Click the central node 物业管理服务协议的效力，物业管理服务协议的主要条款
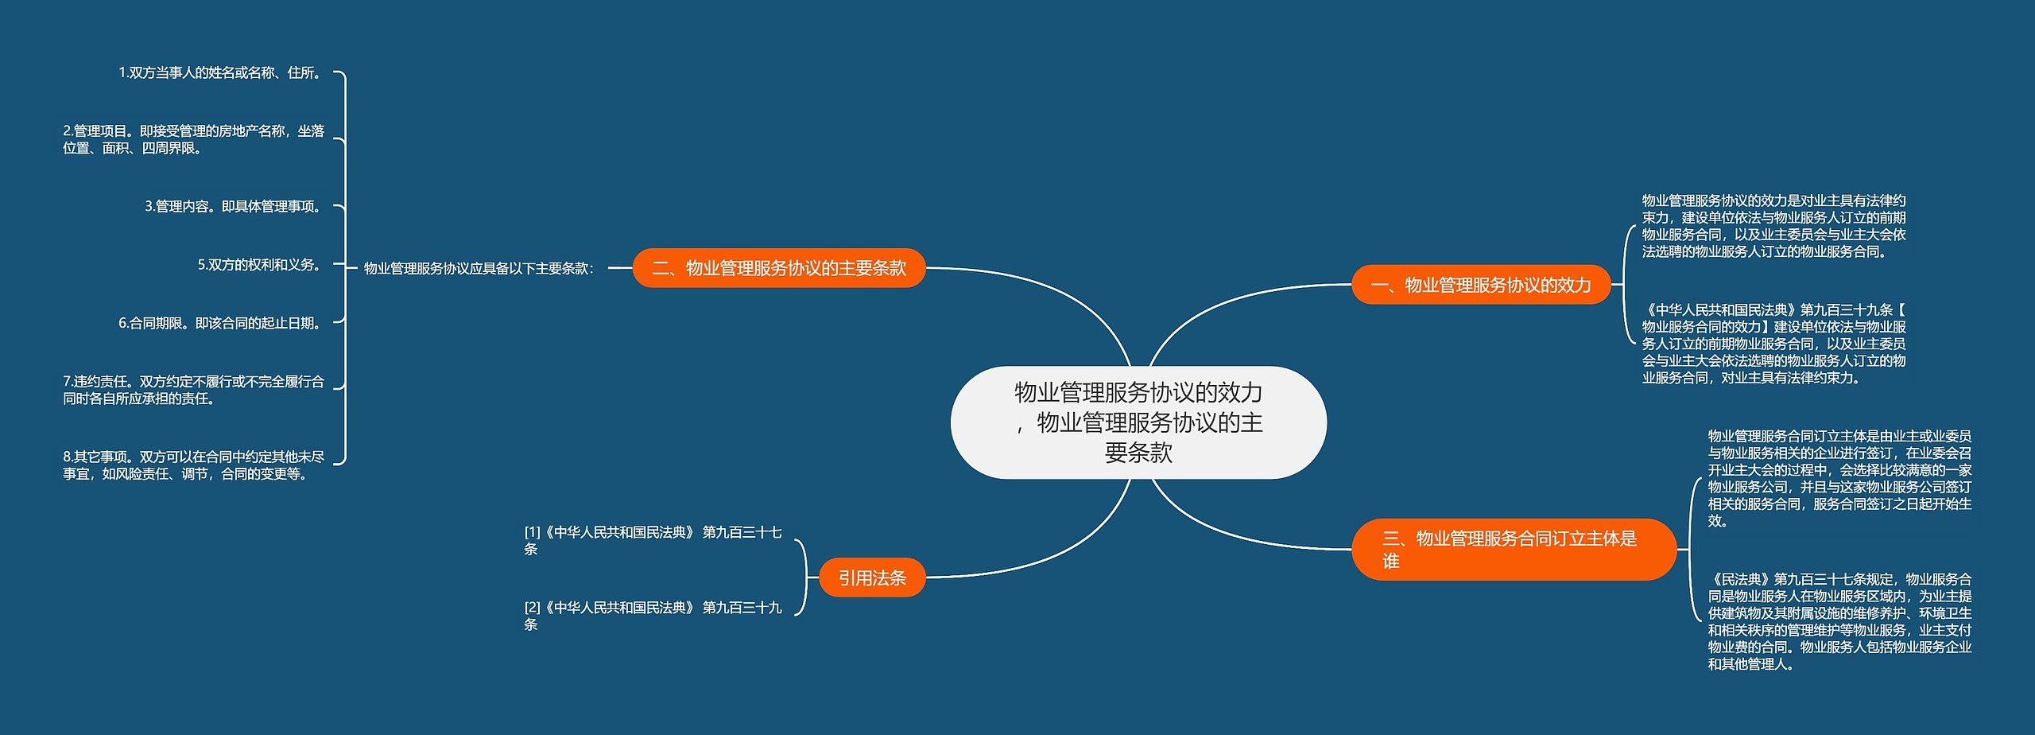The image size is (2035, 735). [1138, 422]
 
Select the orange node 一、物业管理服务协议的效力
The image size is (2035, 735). [1481, 285]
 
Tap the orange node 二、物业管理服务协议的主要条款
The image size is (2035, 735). [779, 268]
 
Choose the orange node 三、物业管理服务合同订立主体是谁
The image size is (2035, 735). [1513, 549]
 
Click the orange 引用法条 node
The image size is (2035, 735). [872, 577]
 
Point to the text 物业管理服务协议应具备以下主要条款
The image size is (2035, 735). [479, 269]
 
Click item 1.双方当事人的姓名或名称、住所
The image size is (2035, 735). [220, 72]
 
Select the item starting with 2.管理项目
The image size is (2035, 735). [194, 139]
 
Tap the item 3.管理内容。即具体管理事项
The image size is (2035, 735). [234, 207]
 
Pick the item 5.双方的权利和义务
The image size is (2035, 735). [260, 265]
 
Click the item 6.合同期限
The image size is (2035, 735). [220, 323]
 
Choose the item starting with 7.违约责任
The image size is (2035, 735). [194, 390]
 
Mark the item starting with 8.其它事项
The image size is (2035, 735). [194, 465]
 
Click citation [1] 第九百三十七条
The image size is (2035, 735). [653, 540]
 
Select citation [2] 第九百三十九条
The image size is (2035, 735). [653, 616]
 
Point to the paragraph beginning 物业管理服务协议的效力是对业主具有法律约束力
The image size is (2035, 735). [1773, 226]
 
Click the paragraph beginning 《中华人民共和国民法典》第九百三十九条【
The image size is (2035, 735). [1773, 344]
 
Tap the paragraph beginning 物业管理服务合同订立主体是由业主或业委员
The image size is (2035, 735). [1839, 478]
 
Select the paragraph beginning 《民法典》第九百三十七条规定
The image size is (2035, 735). [1839, 621]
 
